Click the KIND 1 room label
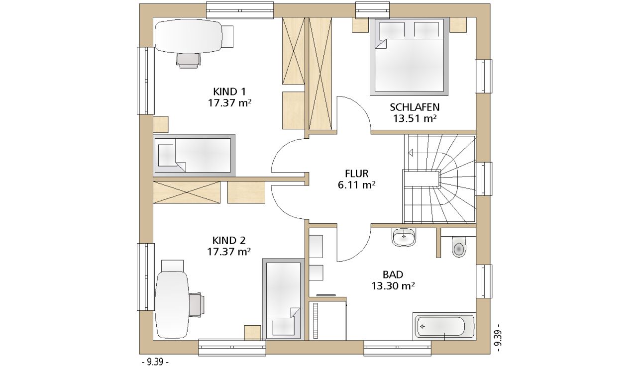point(229,92)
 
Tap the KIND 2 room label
point(229,241)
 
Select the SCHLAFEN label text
point(415,107)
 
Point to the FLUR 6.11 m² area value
point(357,185)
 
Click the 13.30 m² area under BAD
point(393,286)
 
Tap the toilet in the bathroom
point(459,247)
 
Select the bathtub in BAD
point(444,327)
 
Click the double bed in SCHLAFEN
point(409,57)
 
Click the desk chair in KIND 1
point(188,61)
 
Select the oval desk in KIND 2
point(172,304)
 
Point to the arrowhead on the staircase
point(411,153)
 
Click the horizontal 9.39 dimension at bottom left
point(155,362)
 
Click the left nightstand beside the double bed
point(361,25)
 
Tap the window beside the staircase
point(483,179)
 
